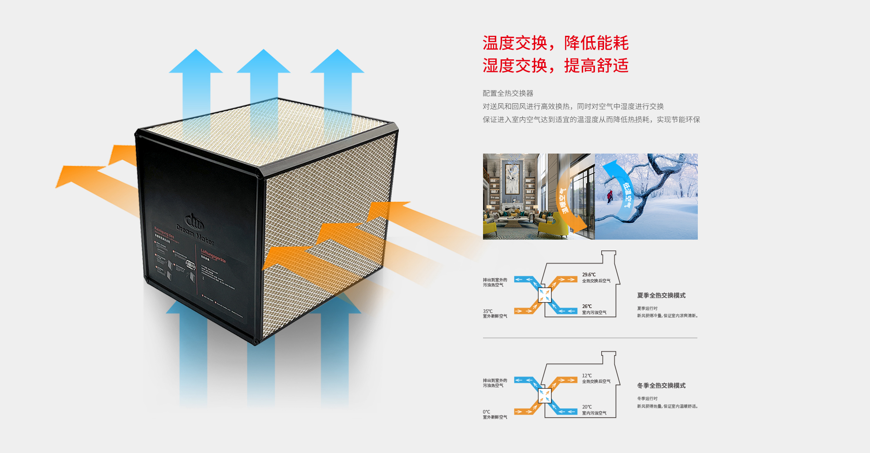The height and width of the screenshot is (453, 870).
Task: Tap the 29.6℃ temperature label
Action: tap(589, 275)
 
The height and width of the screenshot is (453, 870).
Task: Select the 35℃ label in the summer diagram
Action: tap(488, 311)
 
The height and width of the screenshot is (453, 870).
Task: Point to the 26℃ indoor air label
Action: tap(587, 306)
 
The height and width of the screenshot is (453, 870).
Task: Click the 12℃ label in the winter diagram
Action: tap(587, 376)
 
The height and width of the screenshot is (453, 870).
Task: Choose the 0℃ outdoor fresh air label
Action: tap(486, 412)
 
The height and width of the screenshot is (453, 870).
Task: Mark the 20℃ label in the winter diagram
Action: tap(587, 407)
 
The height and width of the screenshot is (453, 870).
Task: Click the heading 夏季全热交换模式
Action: tap(661, 295)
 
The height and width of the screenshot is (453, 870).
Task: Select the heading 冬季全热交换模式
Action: tap(661, 386)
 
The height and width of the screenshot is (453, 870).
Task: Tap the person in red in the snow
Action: tap(609, 196)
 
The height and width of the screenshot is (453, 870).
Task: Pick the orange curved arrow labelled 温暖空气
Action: tap(566, 204)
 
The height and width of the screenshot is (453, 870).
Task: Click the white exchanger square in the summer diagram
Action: tap(544, 295)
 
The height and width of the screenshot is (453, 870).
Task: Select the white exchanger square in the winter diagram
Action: tap(544, 396)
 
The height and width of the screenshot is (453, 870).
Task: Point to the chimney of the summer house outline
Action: tap(609, 256)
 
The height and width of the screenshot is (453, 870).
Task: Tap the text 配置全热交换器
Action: tap(507, 93)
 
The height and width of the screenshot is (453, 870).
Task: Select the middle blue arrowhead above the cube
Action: tap(263, 62)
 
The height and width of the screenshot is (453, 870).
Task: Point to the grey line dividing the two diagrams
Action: tap(590, 338)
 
